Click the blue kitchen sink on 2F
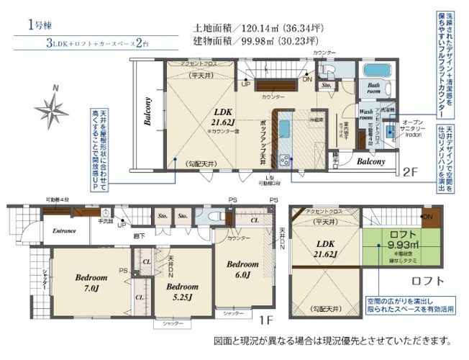pyautogui.click(x=283, y=130)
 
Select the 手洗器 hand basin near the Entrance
pyautogui.click(x=106, y=215)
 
